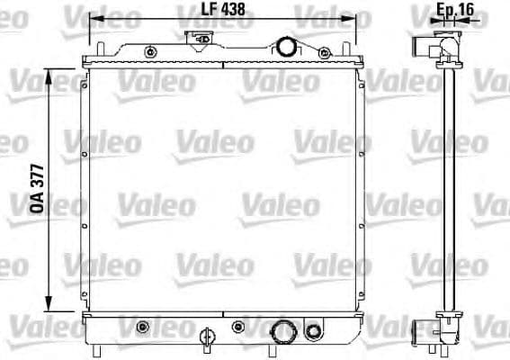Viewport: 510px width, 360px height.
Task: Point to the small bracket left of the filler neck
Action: (x=199, y=38)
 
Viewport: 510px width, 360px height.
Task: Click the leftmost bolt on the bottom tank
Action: (x=142, y=325)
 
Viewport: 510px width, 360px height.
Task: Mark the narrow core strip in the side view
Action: (x=448, y=188)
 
